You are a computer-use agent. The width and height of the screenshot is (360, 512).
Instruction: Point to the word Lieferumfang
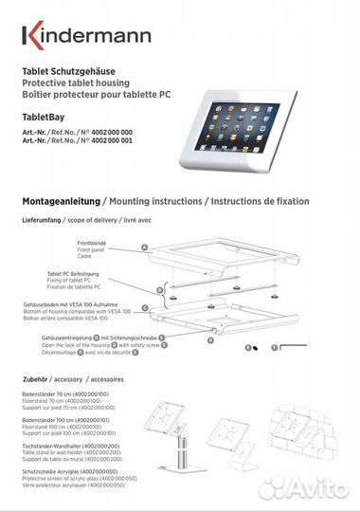click(42, 220)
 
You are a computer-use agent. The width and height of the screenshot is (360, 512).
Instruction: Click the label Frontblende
click(91, 243)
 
